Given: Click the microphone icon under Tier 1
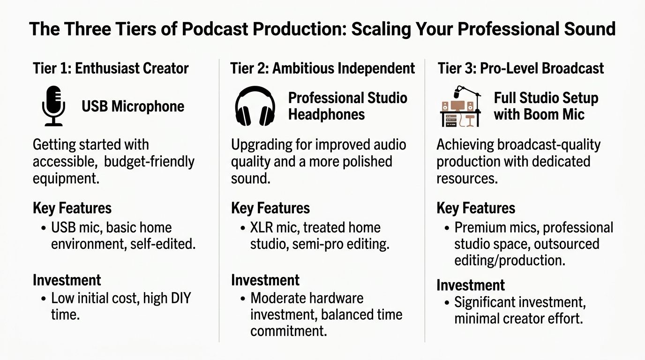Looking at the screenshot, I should pyautogui.click(x=53, y=106).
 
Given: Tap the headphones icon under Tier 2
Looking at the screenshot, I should pyautogui.click(x=255, y=106).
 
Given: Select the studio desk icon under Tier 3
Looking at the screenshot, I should pyautogui.click(x=460, y=107).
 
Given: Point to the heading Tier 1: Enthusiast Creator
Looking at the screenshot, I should pyautogui.click(x=111, y=68).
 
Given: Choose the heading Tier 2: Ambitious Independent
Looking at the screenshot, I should pyautogui.click(x=322, y=68).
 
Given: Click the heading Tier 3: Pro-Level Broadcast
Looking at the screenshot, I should pyautogui.click(x=521, y=68).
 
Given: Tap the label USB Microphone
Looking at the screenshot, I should pyautogui.click(x=133, y=106).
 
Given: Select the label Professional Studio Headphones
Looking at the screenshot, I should pyautogui.click(x=347, y=106).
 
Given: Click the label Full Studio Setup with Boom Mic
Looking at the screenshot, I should pyautogui.click(x=546, y=106).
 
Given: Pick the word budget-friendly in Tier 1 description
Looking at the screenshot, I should pyautogui.click(x=149, y=162).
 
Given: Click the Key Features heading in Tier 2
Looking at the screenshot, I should pyautogui.click(x=270, y=208).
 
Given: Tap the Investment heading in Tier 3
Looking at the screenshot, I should pyautogui.click(x=471, y=285).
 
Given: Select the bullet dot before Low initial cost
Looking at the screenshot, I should pyautogui.click(x=43, y=299).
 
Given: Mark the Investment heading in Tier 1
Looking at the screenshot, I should pyautogui.click(x=67, y=280).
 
